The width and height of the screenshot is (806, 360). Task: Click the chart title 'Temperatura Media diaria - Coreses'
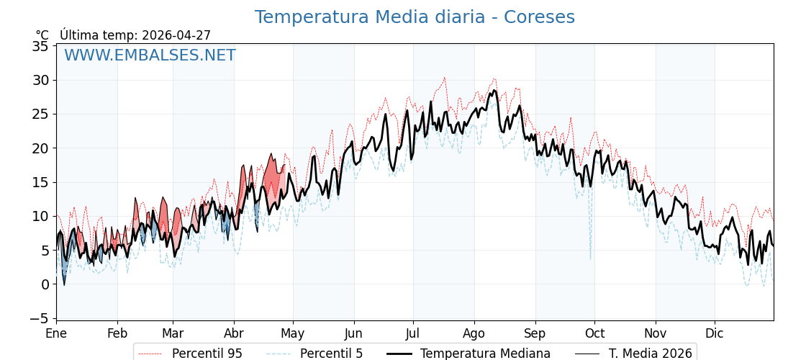(x=415, y=17)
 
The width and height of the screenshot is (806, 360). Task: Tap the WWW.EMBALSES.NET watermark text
(x=150, y=55)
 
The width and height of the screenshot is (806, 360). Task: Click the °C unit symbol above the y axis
(x=42, y=35)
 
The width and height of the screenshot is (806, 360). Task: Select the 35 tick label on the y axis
(x=40, y=46)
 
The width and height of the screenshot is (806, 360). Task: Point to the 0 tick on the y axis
(x=45, y=284)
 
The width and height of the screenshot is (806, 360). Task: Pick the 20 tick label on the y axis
(x=40, y=148)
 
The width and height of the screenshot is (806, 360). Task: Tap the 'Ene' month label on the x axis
(x=56, y=334)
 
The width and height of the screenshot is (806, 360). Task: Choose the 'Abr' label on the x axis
(x=234, y=334)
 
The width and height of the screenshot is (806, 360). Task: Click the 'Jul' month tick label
(x=413, y=334)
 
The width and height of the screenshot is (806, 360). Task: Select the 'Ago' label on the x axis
(x=474, y=334)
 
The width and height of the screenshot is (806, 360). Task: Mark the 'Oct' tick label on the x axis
(x=594, y=334)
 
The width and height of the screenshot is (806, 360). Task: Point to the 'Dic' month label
(x=715, y=334)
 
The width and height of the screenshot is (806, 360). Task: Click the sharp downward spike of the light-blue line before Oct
(x=590, y=258)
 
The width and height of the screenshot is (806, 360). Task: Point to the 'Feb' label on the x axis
(x=117, y=334)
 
